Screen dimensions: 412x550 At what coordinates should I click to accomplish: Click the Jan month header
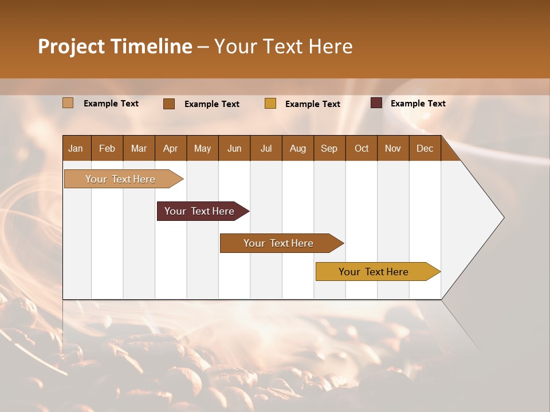click(76, 148)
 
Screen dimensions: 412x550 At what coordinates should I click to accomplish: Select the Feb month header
click(107, 148)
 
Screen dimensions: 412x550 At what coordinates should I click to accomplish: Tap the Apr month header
click(170, 148)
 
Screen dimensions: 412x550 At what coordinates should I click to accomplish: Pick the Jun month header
click(234, 148)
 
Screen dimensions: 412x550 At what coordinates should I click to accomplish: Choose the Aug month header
click(297, 148)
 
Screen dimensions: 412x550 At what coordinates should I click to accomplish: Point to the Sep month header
click(329, 148)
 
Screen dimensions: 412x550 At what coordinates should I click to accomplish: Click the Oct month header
click(362, 148)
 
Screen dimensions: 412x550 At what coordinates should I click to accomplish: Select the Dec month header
click(425, 148)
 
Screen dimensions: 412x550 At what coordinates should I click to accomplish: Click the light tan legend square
click(68, 103)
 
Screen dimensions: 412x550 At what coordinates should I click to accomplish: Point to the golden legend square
click(270, 104)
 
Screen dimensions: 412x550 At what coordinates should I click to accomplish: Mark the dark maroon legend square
click(376, 103)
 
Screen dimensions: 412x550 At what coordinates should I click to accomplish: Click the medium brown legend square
click(169, 104)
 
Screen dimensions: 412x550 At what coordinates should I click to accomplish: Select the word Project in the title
click(72, 46)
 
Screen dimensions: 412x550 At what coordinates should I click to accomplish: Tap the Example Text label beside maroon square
click(418, 104)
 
